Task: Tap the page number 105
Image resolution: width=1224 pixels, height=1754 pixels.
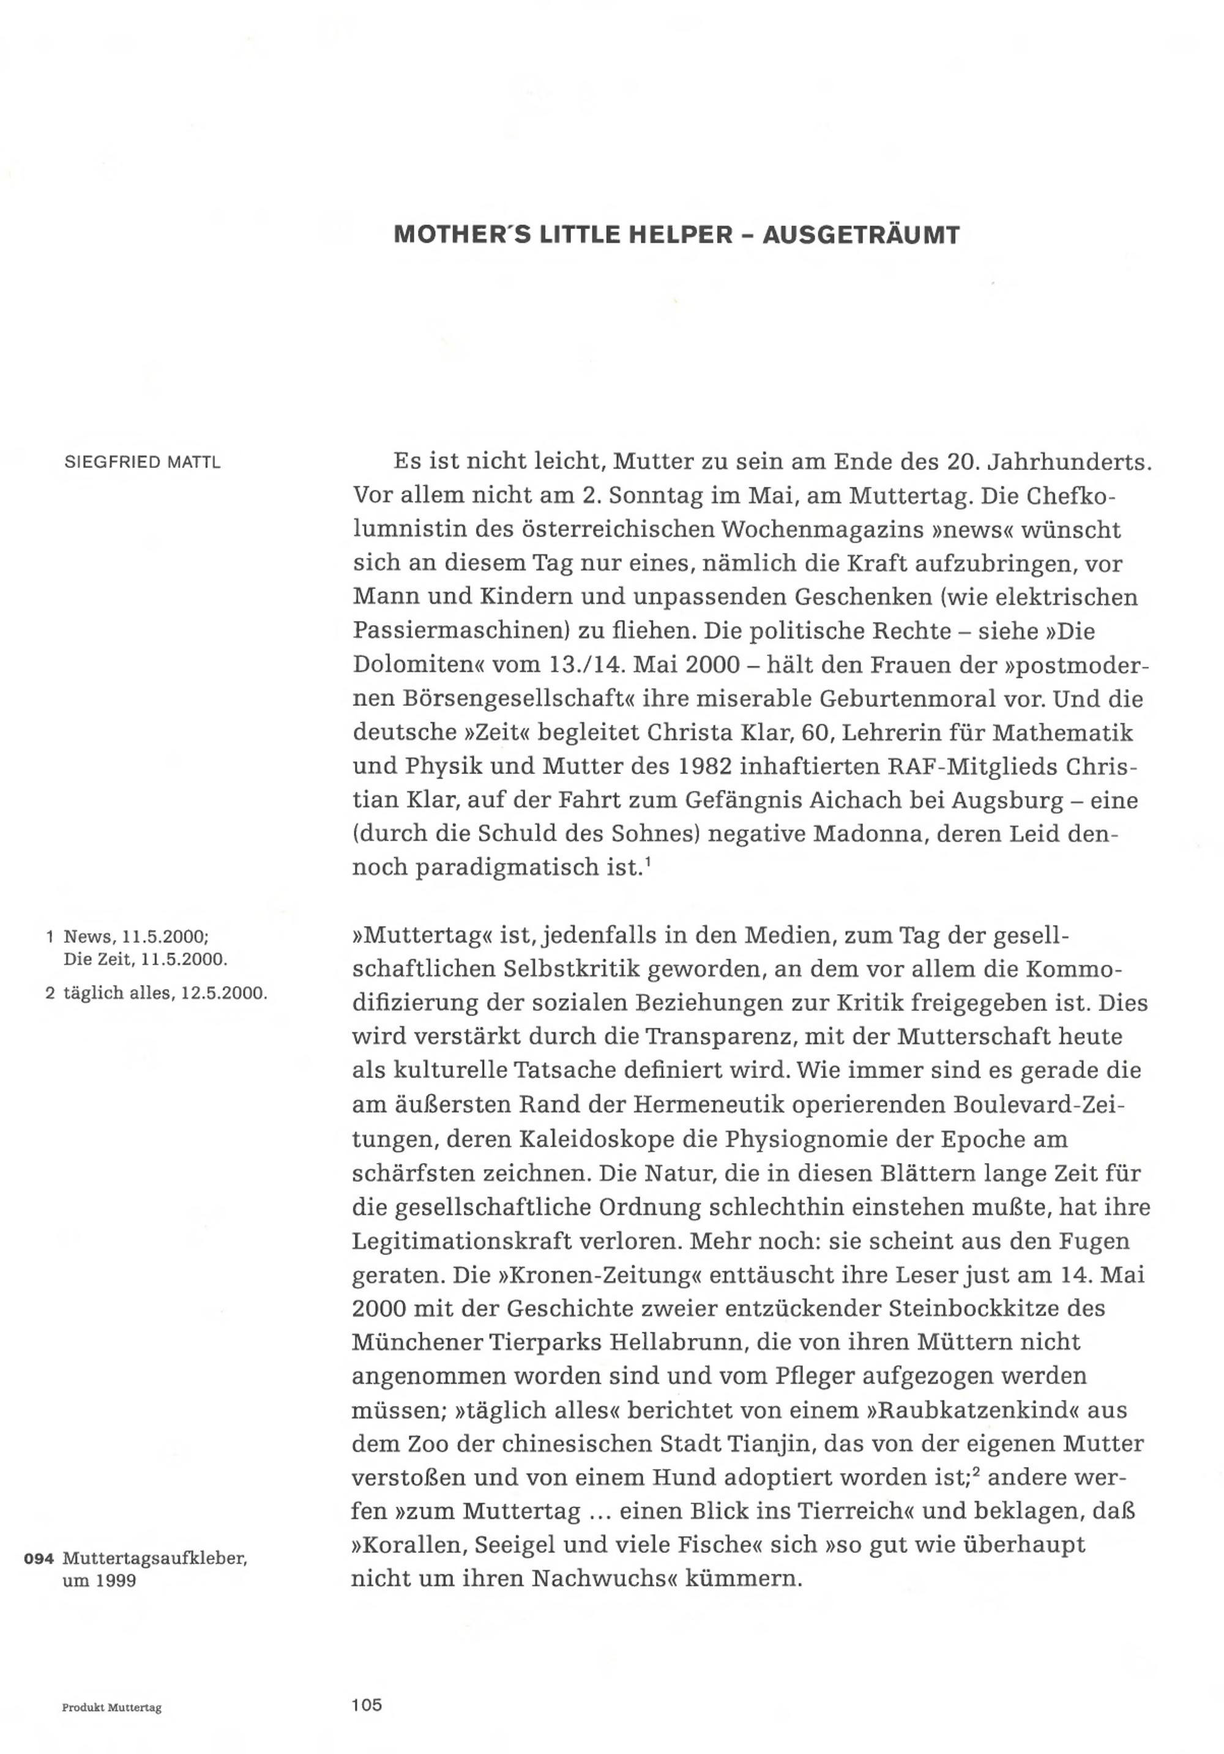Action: click(x=367, y=1704)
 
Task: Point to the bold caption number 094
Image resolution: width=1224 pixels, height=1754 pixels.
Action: click(x=38, y=1558)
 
